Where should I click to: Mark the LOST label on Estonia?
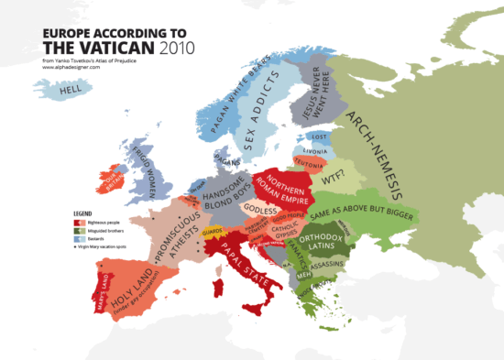(317, 136)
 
